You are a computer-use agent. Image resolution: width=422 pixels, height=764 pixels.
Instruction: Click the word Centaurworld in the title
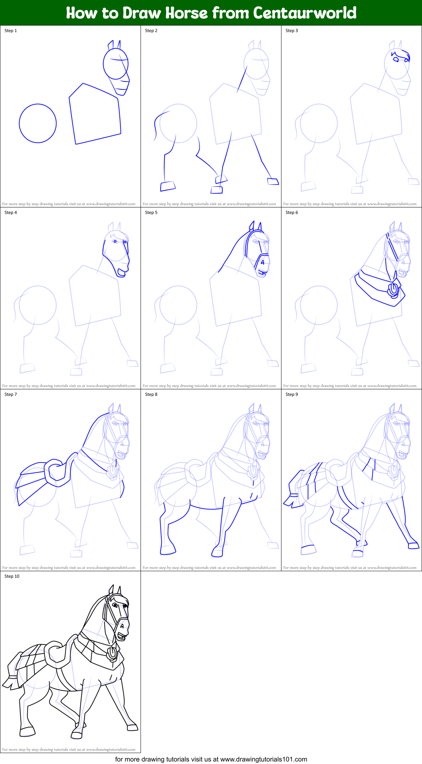click(x=305, y=13)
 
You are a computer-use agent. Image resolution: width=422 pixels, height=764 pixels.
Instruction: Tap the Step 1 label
click(x=11, y=31)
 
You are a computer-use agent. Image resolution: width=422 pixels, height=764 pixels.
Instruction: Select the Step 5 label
click(x=151, y=213)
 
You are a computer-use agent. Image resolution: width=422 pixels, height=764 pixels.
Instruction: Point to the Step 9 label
click(x=292, y=394)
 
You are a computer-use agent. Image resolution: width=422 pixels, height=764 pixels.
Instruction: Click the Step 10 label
click(x=12, y=576)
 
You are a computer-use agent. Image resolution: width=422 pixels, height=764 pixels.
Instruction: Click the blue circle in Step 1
click(x=38, y=123)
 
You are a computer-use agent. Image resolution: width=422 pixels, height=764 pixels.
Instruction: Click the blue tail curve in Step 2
click(x=156, y=124)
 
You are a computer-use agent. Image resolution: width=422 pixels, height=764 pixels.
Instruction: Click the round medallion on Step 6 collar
click(x=394, y=290)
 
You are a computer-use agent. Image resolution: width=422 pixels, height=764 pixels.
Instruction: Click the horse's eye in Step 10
click(x=115, y=605)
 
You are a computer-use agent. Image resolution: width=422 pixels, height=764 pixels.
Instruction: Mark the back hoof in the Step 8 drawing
click(x=168, y=550)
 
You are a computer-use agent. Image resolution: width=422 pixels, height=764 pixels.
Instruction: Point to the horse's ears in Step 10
click(x=115, y=590)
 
